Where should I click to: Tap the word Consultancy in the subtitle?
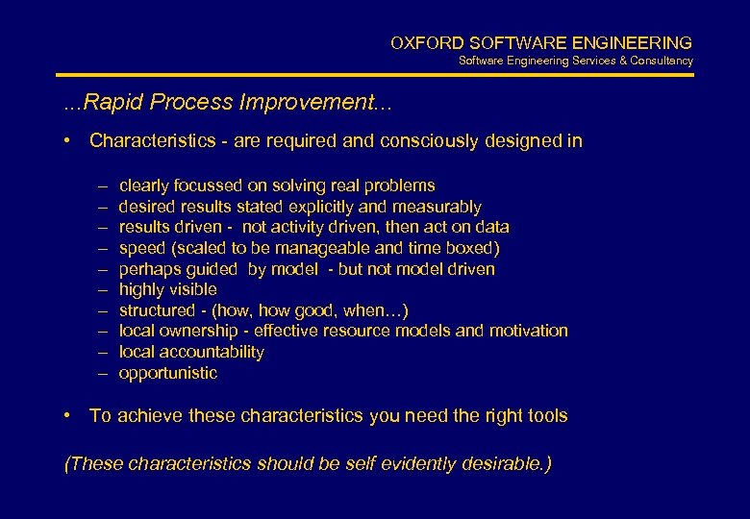[662, 62]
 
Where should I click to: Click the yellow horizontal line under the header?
[375, 75]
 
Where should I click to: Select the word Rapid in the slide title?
[107, 102]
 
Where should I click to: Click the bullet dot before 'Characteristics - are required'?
[69, 141]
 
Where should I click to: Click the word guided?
[217, 269]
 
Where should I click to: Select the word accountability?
[211, 352]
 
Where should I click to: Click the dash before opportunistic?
[103, 373]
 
